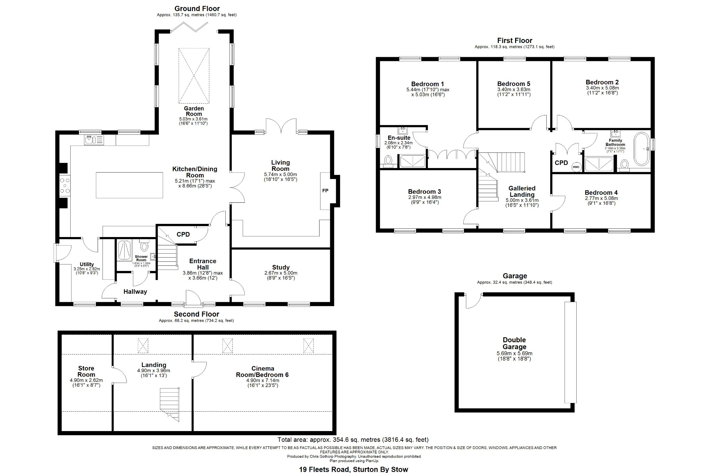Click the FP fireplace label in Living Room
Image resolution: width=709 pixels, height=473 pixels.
[325, 191]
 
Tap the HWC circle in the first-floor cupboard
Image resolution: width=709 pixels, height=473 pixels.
[576, 167]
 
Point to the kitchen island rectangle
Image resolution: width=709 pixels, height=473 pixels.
[129, 185]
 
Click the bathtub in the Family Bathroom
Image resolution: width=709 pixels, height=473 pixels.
[642, 149]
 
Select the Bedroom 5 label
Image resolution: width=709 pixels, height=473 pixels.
[513, 84]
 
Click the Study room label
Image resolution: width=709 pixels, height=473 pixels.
[281, 268]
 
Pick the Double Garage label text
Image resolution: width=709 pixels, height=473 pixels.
[514, 343]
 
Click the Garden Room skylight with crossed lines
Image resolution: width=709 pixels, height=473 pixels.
[194, 76]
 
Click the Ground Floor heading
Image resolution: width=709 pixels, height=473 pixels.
[197, 9]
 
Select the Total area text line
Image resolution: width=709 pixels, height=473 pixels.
[353, 440]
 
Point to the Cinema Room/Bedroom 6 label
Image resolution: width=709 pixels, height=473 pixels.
[262, 371]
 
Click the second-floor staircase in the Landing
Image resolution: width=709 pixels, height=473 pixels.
[170, 404]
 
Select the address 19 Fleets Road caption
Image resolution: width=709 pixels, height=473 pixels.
[353, 470]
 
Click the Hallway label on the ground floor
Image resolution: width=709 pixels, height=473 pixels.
[135, 292]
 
